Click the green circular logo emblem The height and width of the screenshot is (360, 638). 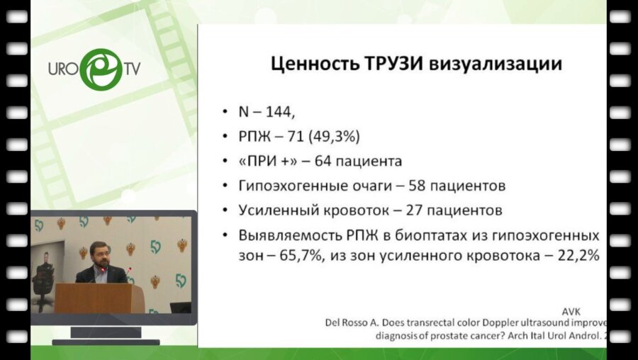point(99,69)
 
